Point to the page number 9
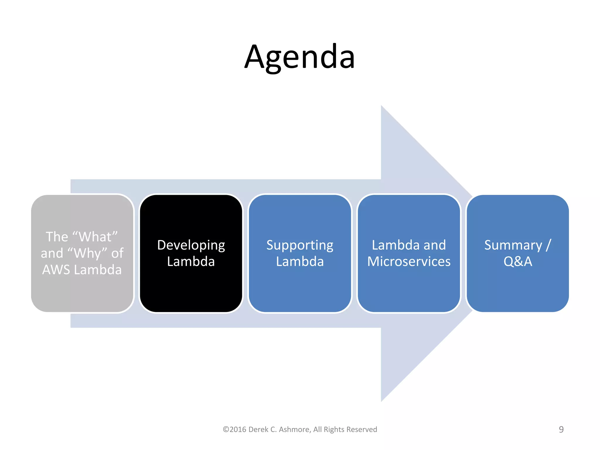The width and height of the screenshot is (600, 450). tap(561, 429)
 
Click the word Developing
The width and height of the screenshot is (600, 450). tap(191, 245)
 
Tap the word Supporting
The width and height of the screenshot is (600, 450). tap(300, 245)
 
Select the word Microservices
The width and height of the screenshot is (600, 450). tap(409, 261)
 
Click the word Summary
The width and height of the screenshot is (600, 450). tap(513, 245)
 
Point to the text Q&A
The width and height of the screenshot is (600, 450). tap(518, 261)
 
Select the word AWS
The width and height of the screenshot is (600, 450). tap(56, 270)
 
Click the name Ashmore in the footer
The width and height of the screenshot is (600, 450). tap(295, 429)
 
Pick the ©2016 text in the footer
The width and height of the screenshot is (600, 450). tap(234, 429)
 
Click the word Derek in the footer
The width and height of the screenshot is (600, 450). tap(258, 429)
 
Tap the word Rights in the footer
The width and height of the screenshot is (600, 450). tap(334, 429)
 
